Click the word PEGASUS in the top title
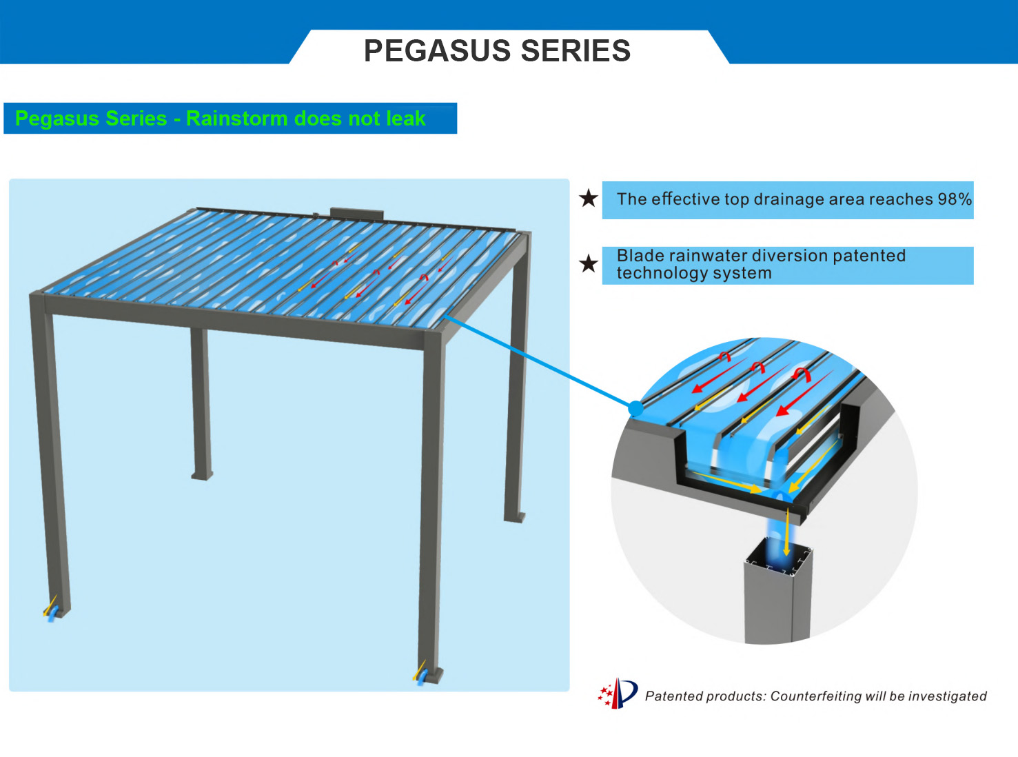(438, 50)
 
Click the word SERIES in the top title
(576, 50)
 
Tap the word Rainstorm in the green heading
(237, 119)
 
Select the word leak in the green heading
(406, 119)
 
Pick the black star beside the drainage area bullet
(589, 199)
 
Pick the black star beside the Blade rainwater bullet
(589, 264)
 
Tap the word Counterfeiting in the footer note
(815, 696)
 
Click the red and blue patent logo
(618, 693)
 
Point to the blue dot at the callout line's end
(635, 407)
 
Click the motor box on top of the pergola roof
(356, 214)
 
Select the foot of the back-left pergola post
(202, 476)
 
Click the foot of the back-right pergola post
(514, 517)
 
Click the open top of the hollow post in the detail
(778, 557)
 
